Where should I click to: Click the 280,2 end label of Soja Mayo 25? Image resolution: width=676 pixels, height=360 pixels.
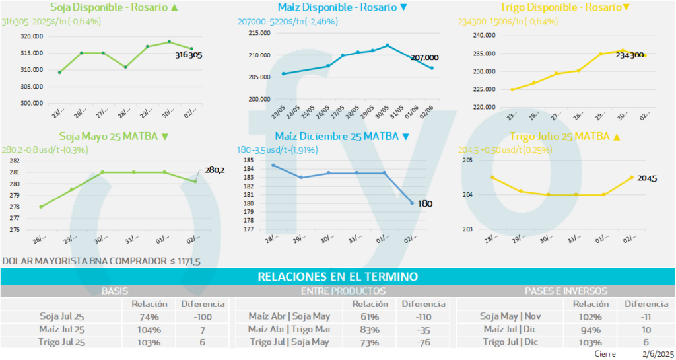(x=215, y=170)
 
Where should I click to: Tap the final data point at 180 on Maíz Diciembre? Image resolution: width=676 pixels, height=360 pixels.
(x=412, y=203)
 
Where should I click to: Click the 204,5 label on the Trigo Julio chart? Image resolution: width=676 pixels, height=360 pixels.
(x=647, y=178)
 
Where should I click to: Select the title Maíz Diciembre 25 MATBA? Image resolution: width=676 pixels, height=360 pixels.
(x=336, y=137)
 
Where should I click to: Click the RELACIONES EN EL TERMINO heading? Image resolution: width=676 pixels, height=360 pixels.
(x=337, y=277)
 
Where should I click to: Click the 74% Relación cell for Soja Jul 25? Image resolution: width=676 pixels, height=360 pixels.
(x=149, y=316)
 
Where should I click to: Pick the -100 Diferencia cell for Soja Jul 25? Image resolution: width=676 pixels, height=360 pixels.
(x=203, y=316)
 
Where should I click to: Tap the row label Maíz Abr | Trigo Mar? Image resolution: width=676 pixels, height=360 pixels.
(x=288, y=329)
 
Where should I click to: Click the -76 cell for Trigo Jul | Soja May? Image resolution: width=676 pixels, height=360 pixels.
(x=424, y=342)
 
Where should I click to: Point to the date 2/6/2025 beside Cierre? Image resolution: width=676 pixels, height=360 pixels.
(x=656, y=354)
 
